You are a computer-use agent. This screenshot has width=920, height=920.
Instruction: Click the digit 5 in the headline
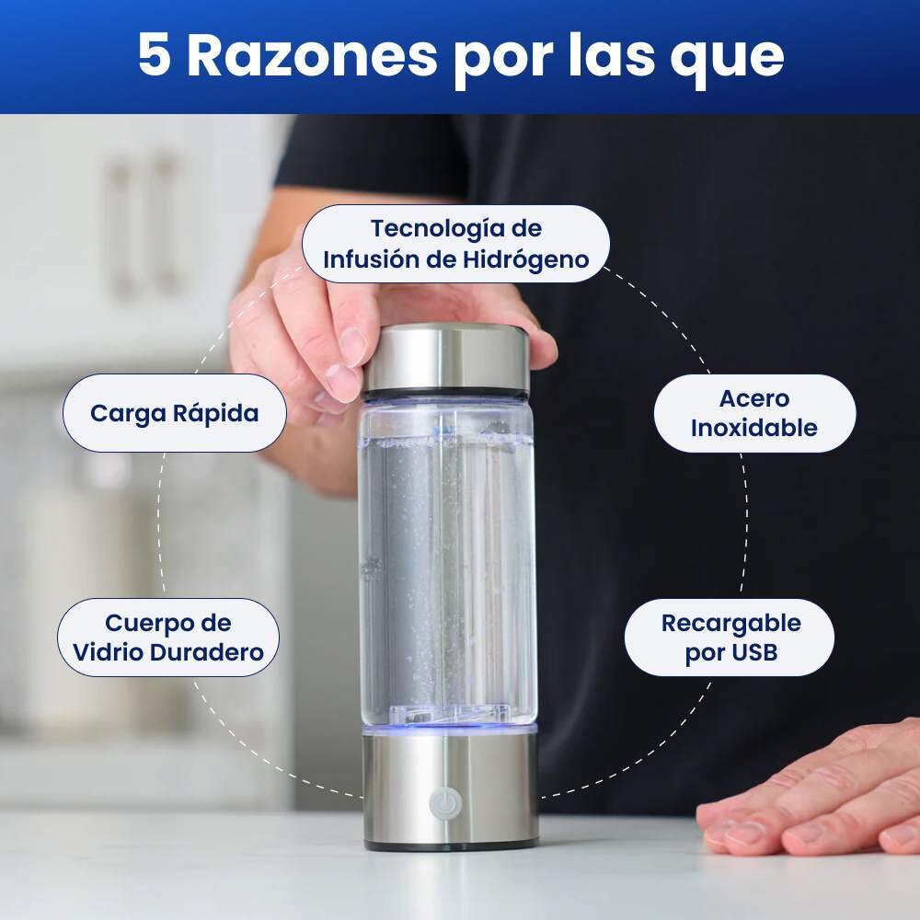(x=155, y=54)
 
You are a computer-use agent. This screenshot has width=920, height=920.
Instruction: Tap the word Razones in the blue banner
(x=312, y=54)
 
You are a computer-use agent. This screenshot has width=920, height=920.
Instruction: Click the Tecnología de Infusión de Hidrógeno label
(x=456, y=244)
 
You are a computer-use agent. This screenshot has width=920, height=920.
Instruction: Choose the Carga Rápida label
(x=174, y=413)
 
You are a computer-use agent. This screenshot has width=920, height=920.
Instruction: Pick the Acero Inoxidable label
(x=754, y=413)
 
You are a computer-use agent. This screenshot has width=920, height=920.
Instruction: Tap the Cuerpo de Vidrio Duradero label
(x=168, y=638)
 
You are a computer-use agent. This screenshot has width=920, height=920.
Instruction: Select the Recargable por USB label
(x=730, y=638)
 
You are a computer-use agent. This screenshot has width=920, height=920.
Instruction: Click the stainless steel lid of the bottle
(x=447, y=358)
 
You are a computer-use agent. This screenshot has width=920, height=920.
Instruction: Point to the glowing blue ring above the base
(x=450, y=730)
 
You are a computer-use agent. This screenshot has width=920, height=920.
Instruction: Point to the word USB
(x=754, y=652)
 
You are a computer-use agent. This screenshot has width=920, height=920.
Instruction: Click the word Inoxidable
(x=754, y=428)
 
